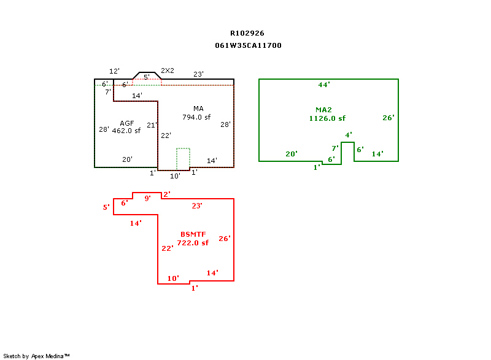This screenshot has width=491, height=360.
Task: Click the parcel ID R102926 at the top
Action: click(x=247, y=33)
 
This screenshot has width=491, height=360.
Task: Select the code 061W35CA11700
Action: click(x=248, y=45)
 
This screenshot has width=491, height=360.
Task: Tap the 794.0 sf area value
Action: click(x=196, y=117)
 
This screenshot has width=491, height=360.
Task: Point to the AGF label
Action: click(x=127, y=123)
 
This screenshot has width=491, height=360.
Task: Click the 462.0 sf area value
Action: click(x=126, y=131)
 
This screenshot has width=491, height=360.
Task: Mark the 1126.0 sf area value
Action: click(x=327, y=118)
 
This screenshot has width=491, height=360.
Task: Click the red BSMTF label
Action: click(x=193, y=234)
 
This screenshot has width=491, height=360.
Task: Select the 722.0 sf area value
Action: click(x=193, y=243)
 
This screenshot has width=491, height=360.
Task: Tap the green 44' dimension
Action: click(x=324, y=85)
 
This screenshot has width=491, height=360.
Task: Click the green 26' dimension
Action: click(x=388, y=118)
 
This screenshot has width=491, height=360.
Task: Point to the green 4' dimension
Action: click(x=348, y=135)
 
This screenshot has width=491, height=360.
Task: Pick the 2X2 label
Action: click(x=168, y=71)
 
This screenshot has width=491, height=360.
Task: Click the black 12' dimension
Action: click(x=114, y=72)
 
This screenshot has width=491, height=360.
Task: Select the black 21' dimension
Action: click(x=152, y=125)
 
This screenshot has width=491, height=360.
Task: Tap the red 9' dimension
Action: click(x=147, y=198)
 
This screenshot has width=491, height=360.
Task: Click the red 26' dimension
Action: click(x=224, y=239)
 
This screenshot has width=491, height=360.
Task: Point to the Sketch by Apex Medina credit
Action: click(x=37, y=356)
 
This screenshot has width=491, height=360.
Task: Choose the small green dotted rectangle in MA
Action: click(x=183, y=158)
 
